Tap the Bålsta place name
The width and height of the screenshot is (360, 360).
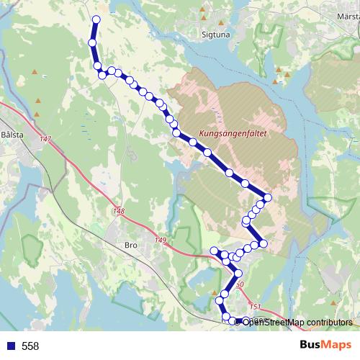(12, 135)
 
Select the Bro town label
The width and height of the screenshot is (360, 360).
(130, 245)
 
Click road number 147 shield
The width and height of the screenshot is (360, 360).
(47, 138)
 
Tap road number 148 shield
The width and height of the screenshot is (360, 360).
(119, 211)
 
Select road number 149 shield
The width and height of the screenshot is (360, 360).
(161, 240)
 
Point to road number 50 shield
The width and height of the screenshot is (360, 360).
(240, 286)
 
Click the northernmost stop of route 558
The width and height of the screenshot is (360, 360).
(96, 19)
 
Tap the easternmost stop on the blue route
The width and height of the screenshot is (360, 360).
(268, 197)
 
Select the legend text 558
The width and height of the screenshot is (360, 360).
(30, 346)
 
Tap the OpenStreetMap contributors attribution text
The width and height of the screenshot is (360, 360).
(297, 322)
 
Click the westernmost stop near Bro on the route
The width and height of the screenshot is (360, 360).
(214, 251)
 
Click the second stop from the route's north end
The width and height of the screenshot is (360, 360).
(92, 43)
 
